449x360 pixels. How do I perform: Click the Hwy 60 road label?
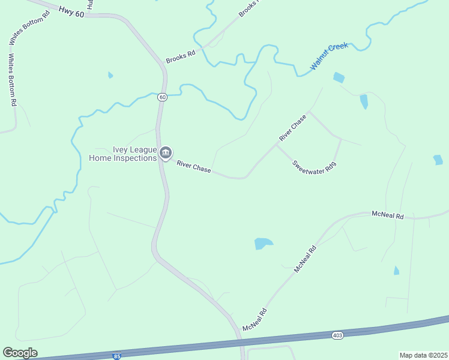[x=72, y=11]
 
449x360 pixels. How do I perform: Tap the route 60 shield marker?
[x=162, y=97]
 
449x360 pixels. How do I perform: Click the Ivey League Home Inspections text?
[x=122, y=154]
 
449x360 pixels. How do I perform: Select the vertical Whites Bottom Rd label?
[x=11, y=80]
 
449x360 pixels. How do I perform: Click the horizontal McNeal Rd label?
[x=388, y=214]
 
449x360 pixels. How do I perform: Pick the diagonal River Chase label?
[x=293, y=128]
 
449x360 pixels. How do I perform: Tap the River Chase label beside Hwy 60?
[x=193, y=166]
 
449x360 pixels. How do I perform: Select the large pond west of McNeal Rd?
[x=263, y=243]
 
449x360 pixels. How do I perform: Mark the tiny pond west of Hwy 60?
[x=110, y=75]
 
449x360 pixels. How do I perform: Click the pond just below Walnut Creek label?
[x=339, y=77]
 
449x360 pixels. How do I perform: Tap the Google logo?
[x=20, y=353]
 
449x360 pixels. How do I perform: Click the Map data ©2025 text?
[x=423, y=355]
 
